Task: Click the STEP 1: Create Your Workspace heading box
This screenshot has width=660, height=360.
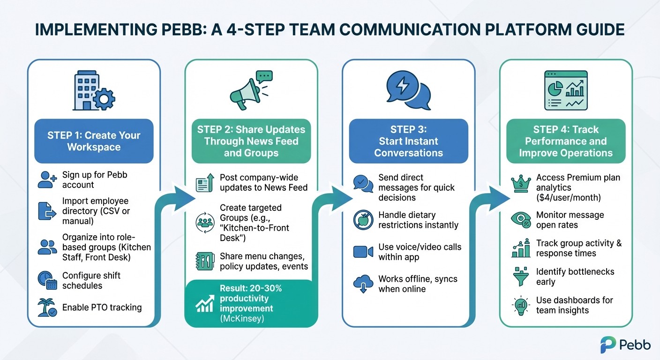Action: [94, 141]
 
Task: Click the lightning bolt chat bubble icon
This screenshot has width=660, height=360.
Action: [408, 90]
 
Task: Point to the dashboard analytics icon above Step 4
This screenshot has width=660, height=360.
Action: [565, 90]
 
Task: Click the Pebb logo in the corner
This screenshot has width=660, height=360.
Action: [625, 345]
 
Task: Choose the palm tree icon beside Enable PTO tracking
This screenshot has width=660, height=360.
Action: [47, 307]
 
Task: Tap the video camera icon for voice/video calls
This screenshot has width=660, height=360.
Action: [363, 252]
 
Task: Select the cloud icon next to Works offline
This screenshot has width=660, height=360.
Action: [363, 284]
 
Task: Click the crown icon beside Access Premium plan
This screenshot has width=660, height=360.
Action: [521, 183]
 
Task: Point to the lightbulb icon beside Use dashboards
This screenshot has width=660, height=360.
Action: [521, 305]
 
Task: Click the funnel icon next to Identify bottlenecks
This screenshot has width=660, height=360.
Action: [521, 277]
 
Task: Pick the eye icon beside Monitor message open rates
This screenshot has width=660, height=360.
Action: [521, 220]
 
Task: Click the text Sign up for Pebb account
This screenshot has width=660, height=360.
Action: [95, 180]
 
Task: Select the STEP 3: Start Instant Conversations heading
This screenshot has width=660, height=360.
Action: [408, 141]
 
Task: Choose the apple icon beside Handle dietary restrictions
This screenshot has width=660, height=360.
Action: [363, 220]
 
